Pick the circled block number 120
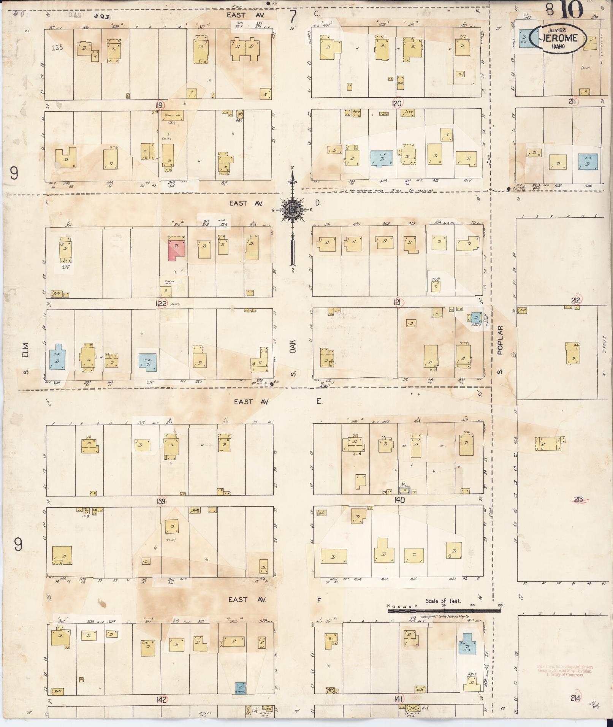pos(397,103)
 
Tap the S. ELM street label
pos(27,359)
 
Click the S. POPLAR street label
pos(500,349)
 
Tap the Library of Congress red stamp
pos(564,670)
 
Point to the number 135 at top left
pos(58,48)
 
